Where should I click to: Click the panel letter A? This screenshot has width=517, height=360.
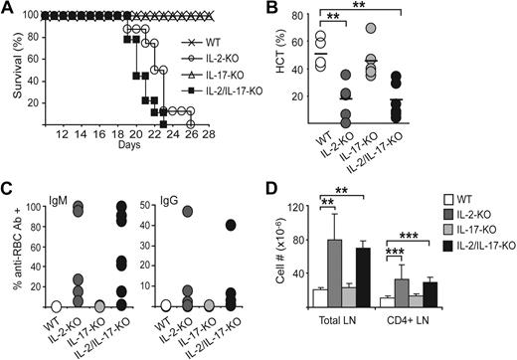[x=8, y=9]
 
